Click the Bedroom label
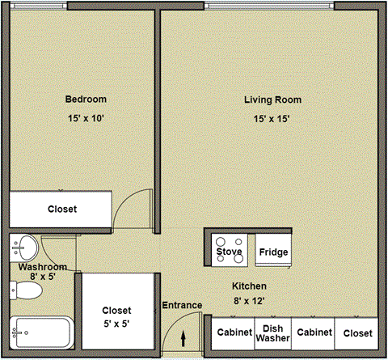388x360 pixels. tap(86, 100)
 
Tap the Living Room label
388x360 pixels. tap(272, 100)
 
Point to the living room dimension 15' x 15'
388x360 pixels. tap(272, 119)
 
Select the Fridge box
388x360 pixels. tap(272, 252)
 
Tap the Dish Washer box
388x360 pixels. tap(272, 333)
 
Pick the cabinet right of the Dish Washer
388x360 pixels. tap(314, 333)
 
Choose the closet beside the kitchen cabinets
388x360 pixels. tap(357, 333)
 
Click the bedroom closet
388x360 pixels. tap(61, 210)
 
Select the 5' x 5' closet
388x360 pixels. tap(116, 316)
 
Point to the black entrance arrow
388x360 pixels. tap(183, 338)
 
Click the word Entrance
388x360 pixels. tap(183, 305)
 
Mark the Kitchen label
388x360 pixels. tap(249, 286)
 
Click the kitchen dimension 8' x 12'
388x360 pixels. tap(249, 301)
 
